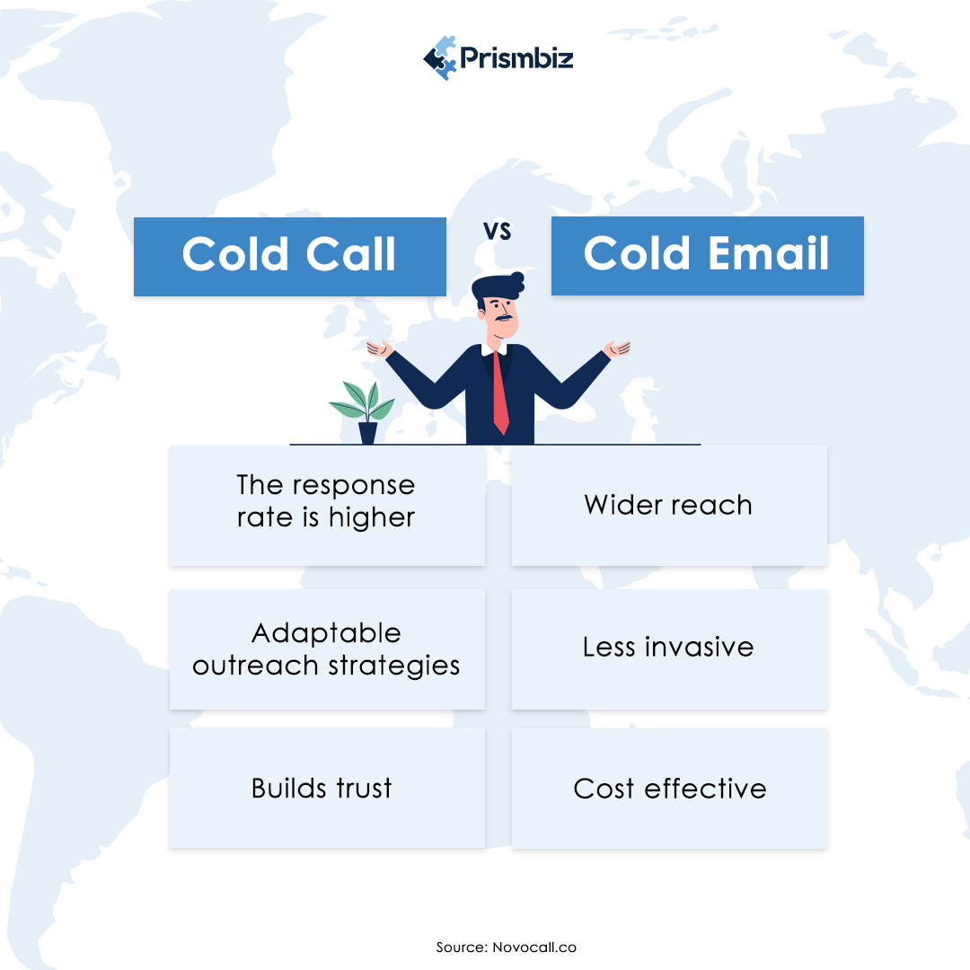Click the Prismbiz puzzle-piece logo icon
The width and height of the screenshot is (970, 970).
click(x=440, y=58)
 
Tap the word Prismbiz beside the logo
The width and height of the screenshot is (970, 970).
click(x=517, y=59)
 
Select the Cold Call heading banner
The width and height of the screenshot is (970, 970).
click(x=289, y=256)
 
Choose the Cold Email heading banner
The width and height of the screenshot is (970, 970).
click(x=707, y=255)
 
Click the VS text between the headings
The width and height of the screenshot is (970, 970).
click(x=497, y=231)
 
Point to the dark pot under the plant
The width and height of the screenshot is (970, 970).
click(x=367, y=433)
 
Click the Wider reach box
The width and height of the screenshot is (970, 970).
click(x=669, y=505)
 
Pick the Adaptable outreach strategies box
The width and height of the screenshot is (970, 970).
click(x=326, y=648)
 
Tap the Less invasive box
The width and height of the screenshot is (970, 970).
click(x=669, y=648)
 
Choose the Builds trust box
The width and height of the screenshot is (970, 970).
click(x=326, y=788)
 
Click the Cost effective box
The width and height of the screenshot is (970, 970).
click(x=669, y=789)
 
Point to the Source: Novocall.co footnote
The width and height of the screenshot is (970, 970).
click(x=507, y=948)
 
